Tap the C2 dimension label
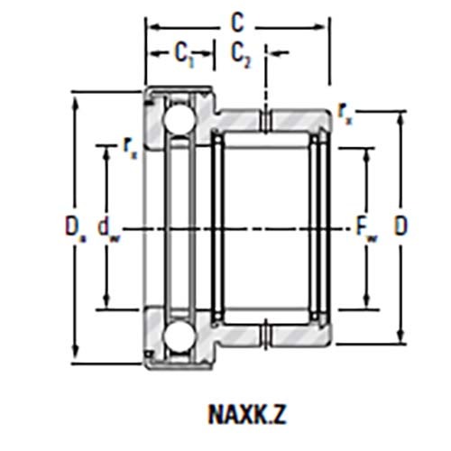point(241,54)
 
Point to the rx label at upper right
point(345,110)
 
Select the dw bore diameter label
point(108,226)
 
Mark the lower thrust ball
point(174,337)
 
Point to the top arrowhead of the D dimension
point(401,116)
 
